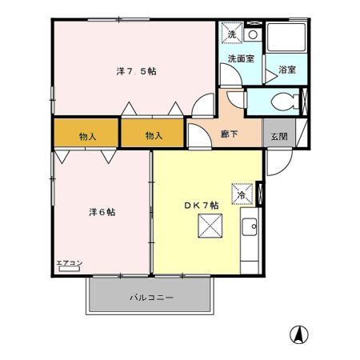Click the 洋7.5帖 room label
(x=136, y=71)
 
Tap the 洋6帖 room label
(x=102, y=212)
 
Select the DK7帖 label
(x=202, y=206)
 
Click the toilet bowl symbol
(x=283, y=102)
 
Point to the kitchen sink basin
(x=250, y=226)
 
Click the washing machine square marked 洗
(x=232, y=33)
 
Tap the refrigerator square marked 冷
(x=242, y=194)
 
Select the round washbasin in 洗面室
(x=253, y=34)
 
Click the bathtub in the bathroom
(x=286, y=38)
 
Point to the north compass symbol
(x=299, y=334)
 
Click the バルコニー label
(x=151, y=297)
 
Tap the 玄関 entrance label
(x=279, y=137)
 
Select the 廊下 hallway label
(x=230, y=134)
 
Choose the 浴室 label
(x=287, y=70)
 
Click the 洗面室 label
(x=241, y=58)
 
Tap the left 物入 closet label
(x=88, y=137)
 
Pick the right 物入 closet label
(x=154, y=136)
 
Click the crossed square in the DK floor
(x=210, y=226)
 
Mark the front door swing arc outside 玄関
(x=285, y=167)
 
